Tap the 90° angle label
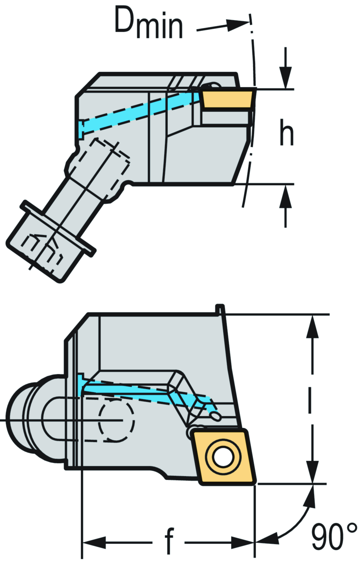point(333,536)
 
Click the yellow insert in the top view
point(227,99)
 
